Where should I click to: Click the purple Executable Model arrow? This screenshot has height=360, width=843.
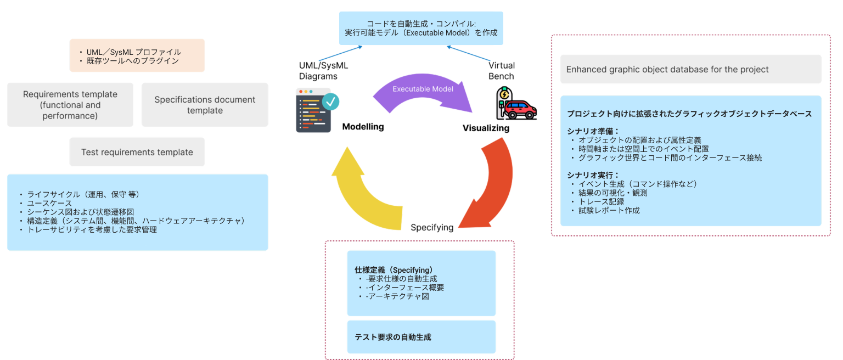pos(423,93)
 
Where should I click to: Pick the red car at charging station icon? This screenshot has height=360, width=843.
pos(515,104)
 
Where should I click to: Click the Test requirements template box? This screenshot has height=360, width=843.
pos(137,152)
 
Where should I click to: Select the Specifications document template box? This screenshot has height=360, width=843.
pos(205,105)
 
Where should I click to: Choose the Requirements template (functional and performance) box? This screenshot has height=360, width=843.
pos(70,105)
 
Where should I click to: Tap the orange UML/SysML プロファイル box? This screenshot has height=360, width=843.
pos(137,55)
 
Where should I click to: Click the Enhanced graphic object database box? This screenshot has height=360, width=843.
pos(690,69)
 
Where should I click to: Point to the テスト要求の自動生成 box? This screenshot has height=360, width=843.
pos(421,337)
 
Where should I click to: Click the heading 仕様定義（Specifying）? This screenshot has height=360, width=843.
pos(394,270)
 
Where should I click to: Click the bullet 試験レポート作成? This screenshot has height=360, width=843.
pos(609,210)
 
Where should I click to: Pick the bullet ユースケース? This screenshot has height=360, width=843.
pos(49,203)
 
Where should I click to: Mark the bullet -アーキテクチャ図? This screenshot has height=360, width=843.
pos(397,296)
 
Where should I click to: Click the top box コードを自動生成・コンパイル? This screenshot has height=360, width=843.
pos(420,28)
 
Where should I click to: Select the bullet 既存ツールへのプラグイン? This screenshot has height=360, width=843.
pos(133,61)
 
